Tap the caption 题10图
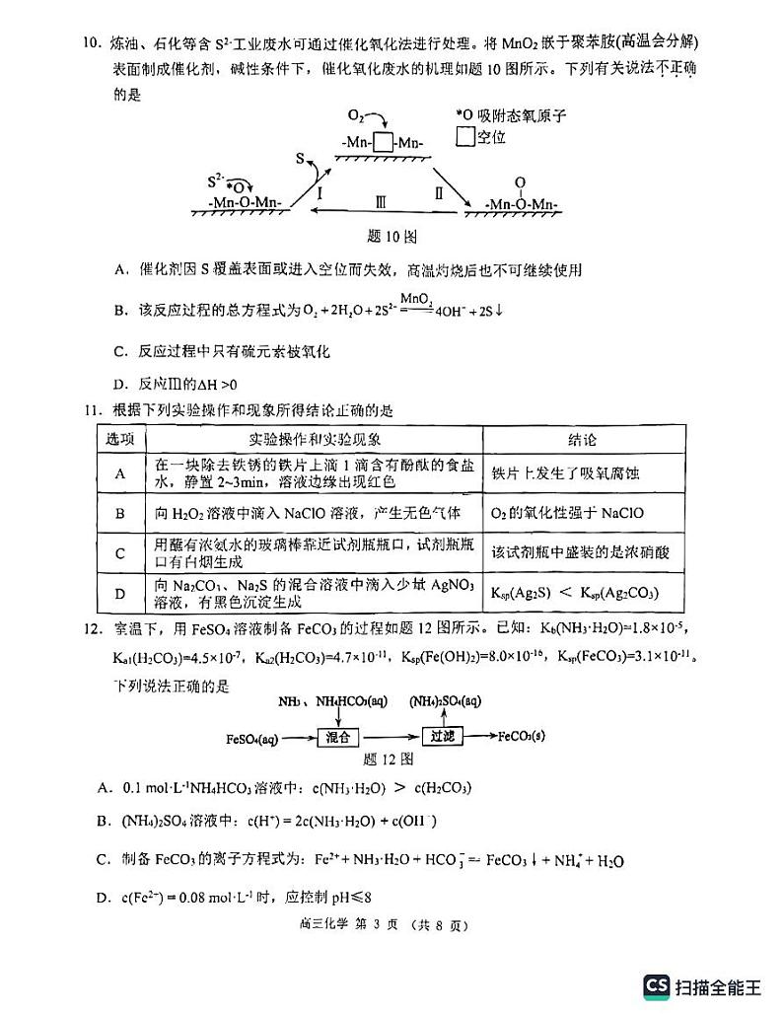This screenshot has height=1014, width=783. pyautogui.click(x=391, y=237)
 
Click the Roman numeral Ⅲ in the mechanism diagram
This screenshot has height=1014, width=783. pyautogui.click(x=380, y=200)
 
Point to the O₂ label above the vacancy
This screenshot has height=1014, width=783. pyautogui.click(x=357, y=114)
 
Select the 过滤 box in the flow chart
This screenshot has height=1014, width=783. pyautogui.click(x=440, y=736)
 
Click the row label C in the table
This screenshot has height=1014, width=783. pyautogui.click(x=120, y=553)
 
